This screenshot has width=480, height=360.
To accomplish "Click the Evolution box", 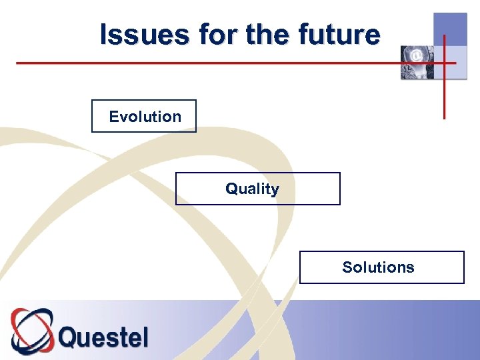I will coord(144,117).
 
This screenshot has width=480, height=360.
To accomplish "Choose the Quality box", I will coord(257,189).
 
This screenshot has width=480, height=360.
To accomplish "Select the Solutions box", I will coord(381,267).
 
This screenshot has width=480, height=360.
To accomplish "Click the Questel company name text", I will coord(103,337).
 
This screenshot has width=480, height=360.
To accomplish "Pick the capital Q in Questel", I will coord(69,337).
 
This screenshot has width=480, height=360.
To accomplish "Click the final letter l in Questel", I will coord(145,336).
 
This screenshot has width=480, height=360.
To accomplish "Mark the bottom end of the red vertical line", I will coord(444,118).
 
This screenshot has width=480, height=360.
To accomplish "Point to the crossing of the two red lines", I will coord(444,63).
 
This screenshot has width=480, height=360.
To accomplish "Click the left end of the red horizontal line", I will coord(17,63).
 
